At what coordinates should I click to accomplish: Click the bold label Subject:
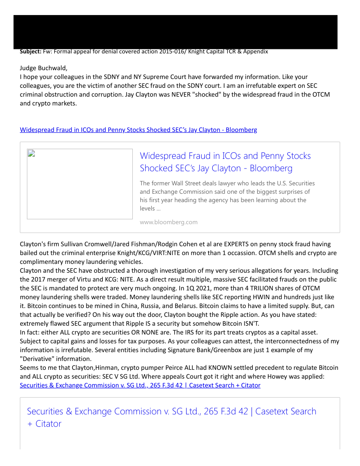[x=30, y=52]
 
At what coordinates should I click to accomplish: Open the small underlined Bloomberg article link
[x=138, y=130]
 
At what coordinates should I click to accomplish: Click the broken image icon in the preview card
[x=31, y=154]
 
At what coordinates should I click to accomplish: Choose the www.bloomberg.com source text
[x=169, y=222]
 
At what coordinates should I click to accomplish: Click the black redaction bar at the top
[x=175, y=31]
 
